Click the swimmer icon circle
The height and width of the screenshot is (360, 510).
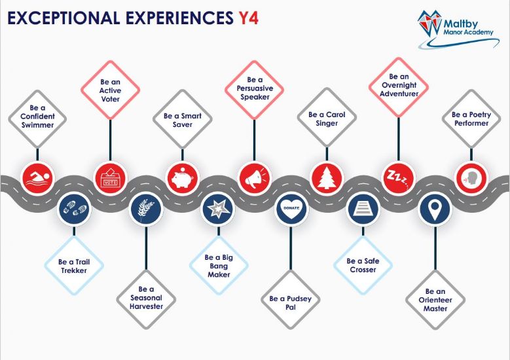coord(37,179)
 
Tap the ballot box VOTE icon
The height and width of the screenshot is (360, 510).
coord(110,179)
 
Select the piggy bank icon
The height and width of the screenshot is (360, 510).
coord(183,179)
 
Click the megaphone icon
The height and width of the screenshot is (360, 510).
coord(255,179)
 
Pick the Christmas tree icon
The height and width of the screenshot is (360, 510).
coord(327,179)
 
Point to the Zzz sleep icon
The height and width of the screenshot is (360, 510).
coord(399,179)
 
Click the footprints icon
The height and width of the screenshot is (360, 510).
coord(75,208)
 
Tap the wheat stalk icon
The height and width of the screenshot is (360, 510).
coord(146,208)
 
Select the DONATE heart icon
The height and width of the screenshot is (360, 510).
coord(291,208)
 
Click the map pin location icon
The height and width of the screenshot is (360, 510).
coord(435,208)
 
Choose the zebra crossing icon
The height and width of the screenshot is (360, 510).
coord(363,208)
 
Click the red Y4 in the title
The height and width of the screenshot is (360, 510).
coord(249,18)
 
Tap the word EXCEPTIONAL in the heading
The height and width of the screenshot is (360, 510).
coord(64,18)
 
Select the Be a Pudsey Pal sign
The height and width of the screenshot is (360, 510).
coord(291,300)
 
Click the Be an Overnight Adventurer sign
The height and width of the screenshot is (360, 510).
coord(399,87)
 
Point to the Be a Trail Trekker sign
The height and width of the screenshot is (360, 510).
coord(74,266)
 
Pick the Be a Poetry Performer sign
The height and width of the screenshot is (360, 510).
coord(471,118)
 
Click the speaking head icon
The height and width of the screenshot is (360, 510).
coord(471,179)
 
